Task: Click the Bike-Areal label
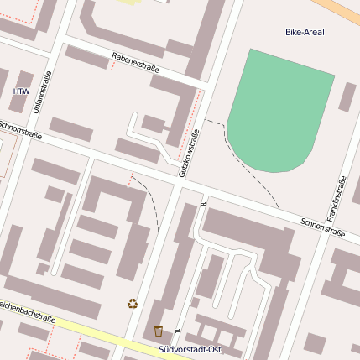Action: tap(304, 33)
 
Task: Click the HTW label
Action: tap(21, 91)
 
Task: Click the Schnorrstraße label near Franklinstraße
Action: tap(323, 227)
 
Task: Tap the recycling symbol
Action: tap(132, 304)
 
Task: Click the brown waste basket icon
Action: tap(159, 331)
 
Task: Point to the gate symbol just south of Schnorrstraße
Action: tap(203, 204)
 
